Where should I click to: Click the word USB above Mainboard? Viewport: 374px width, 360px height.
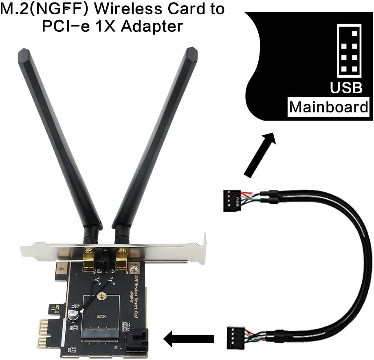[x=346, y=88]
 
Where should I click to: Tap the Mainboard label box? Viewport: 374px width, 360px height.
[x=328, y=107]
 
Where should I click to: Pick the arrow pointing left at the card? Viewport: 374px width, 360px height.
[x=189, y=338]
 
